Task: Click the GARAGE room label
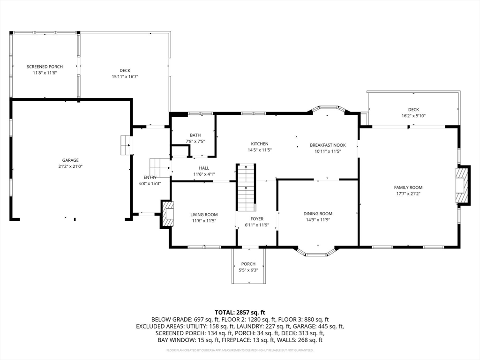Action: [x=70, y=160]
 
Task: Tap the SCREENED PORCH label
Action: [x=45, y=67]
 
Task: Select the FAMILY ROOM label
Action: [x=408, y=187]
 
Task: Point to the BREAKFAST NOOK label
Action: [x=328, y=145]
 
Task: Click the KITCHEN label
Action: [x=260, y=144]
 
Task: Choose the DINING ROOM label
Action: [x=318, y=214]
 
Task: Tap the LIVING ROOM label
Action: [x=204, y=215]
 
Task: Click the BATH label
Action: [x=195, y=135]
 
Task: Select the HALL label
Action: [x=204, y=168]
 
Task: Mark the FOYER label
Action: [x=257, y=219]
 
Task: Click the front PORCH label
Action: [x=248, y=264]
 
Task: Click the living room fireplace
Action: [x=167, y=214]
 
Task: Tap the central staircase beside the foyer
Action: [x=246, y=187]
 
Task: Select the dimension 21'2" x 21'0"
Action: [x=70, y=166]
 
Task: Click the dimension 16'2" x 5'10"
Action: [x=413, y=116]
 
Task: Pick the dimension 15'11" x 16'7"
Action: [x=125, y=76]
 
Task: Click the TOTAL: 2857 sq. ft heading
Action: [x=240, y=313]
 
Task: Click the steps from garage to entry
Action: [x=126, y=145]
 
